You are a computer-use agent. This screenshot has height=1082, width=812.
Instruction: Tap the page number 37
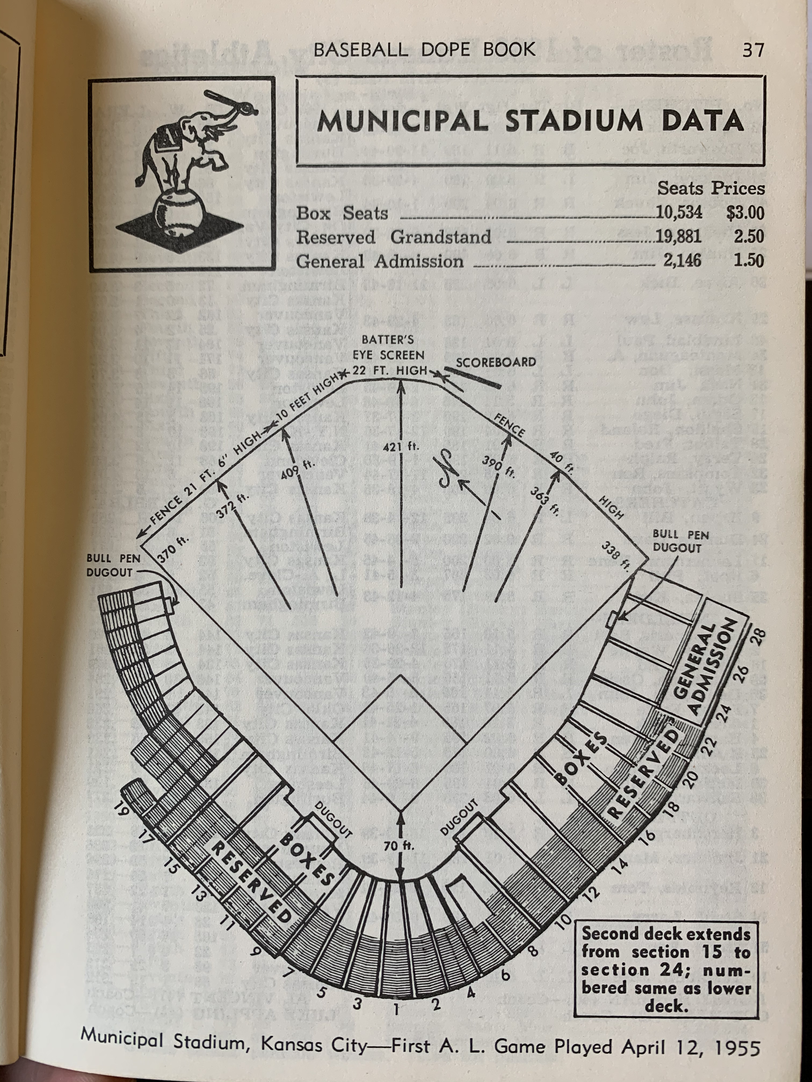pyautogui.click(x=753, y=50)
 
